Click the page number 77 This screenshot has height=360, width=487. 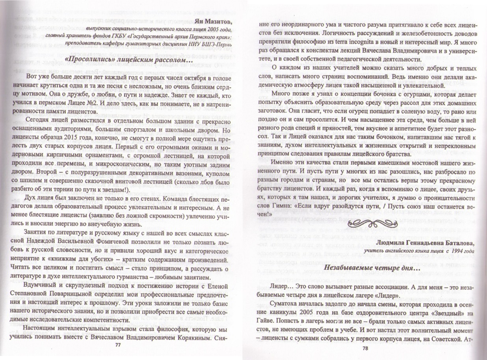(x=117, y=344)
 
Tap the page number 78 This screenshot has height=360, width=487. (x=364, y=348)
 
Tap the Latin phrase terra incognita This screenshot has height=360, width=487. (x=359, y=43)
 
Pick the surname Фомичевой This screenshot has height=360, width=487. (x=116, y=240)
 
